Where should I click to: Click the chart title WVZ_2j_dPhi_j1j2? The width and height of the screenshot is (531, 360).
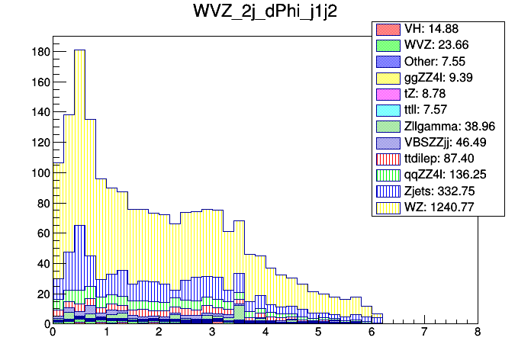[265, 14]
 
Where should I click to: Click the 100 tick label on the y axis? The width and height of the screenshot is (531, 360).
[40, 172]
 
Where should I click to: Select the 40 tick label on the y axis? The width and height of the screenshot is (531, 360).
[43, 263]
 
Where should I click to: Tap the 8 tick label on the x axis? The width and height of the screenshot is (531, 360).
[477, 333]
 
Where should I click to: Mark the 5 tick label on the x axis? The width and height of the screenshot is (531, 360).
[317, 333]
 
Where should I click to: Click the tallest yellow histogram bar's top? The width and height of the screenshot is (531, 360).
[79, 50]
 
